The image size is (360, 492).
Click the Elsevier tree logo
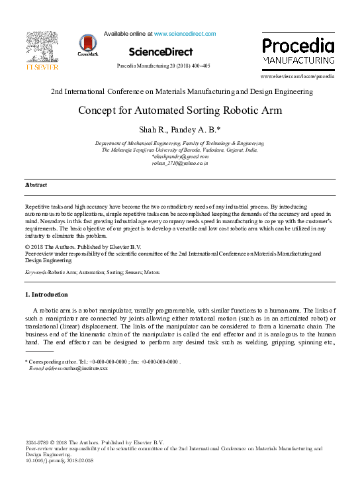pos(42,49)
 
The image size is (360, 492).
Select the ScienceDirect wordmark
pos(161,52)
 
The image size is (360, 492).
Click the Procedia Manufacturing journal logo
pos(297,52)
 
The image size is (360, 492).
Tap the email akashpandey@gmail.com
pos(180,156)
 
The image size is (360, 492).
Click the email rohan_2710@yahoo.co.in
pos(180,162)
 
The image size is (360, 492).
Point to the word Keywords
pos(36,272)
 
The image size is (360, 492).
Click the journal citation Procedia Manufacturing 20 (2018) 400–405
pos(163,66)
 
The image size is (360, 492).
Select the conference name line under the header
pos(180,91)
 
